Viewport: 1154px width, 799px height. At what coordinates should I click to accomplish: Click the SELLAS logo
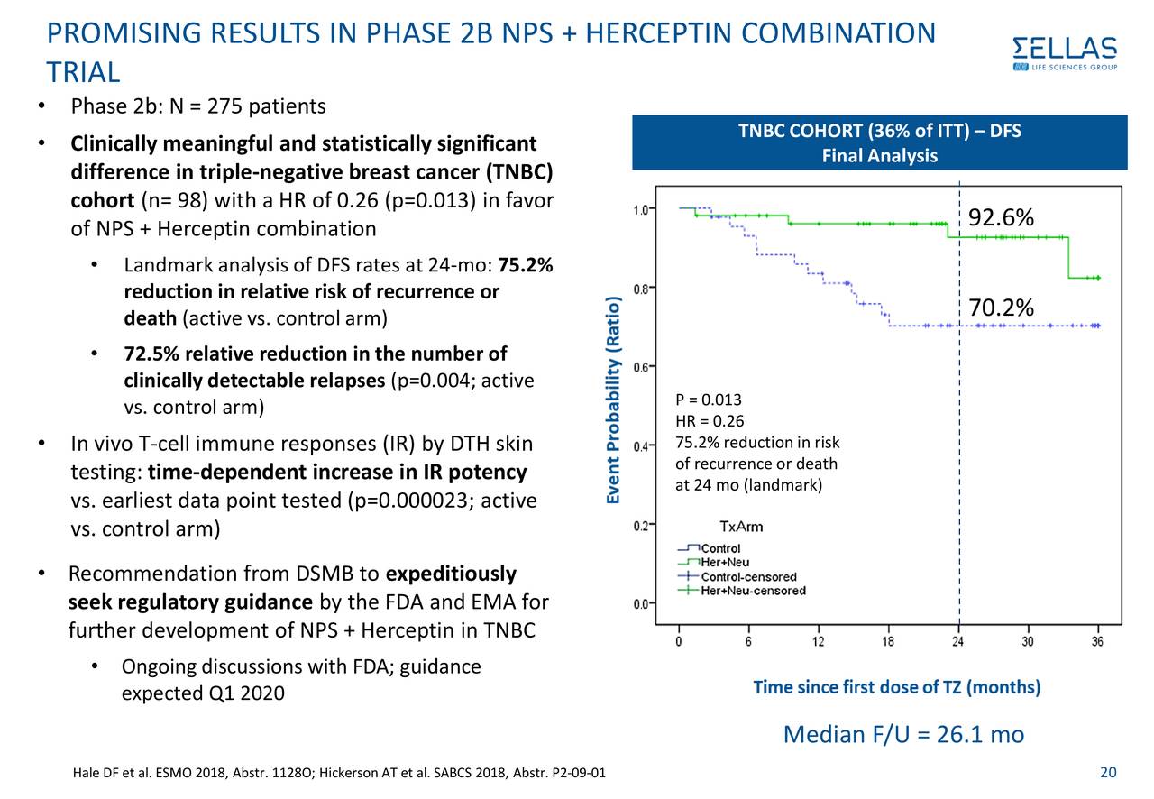pyautogui.click(x=1064, y=53)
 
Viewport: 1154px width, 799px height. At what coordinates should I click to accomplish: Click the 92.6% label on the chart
pyautogui.click(x=1001, y=219)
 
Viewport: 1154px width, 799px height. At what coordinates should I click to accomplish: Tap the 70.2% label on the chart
pyautogui.click(x=1001, y=308)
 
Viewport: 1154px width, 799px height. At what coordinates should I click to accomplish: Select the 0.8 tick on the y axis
pyautogui.click(x=637, y=289)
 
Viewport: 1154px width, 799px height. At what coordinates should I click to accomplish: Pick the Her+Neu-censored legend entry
pyautogui.click(x=753, y=591)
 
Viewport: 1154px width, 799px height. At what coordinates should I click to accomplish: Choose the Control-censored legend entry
pyautogui.click(x=748, y=576)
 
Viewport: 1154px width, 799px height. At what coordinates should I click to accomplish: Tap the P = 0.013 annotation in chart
pyautogui.click(x=708, y=400)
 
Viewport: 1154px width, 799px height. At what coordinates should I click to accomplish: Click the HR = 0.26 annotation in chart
pyautogui.click(x=709, y=421)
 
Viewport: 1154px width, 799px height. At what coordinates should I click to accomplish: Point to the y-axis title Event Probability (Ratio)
pyautogui.click(x=613, y=400)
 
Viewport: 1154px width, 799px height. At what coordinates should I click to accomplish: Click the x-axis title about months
pyautogui.click(x=896, y=688)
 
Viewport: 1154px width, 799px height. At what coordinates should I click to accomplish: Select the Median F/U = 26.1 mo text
pyautogui.click(x=903, y=735)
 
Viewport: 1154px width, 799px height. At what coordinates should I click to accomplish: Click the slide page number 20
pyautogui.click(x=1109, y=772)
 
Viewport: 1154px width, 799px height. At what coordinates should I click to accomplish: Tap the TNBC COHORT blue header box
pyautogui.click(x=879, y=142)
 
